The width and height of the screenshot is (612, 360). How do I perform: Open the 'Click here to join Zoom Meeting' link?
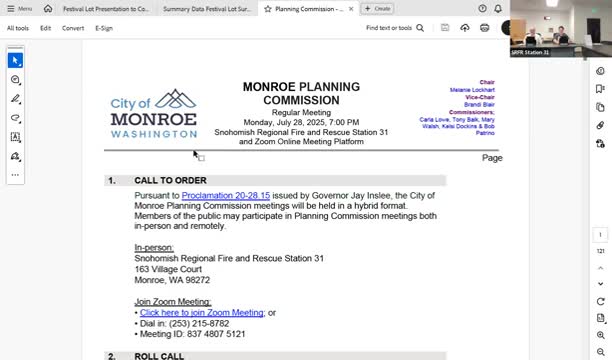point(201,312)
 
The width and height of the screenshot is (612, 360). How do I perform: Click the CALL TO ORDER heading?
point(170,181)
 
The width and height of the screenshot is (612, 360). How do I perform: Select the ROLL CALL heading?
point(159,355)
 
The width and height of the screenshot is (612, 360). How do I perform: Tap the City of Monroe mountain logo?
point(176,99)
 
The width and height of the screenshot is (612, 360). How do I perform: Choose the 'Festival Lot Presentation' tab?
point(105,8)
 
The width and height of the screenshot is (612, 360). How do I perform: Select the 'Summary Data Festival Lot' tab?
point(206,8)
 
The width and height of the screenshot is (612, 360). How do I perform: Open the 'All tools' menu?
point(18,28)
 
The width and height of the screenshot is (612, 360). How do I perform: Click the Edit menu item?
point(46,28)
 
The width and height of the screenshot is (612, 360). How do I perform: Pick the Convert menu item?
point(73,28)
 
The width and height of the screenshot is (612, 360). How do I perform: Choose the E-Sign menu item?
point(104,28)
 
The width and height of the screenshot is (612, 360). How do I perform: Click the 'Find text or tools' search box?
point(392,28)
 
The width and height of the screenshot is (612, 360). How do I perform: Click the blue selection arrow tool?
point(15,60)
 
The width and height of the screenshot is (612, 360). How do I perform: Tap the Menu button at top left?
point(19,8)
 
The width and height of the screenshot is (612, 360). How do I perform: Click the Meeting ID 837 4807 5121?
point(210,334)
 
